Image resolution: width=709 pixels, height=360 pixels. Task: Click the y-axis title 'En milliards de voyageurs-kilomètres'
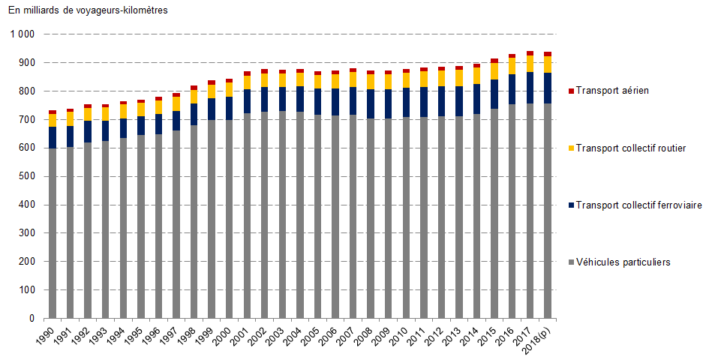pos(88,10)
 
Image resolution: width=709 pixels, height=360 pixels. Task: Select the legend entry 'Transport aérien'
pos(612,91)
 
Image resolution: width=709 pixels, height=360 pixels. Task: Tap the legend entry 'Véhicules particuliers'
pos(623,262)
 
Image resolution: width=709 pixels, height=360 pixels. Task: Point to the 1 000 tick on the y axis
pos(23,34)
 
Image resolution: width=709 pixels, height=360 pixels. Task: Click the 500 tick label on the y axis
pos(26,176)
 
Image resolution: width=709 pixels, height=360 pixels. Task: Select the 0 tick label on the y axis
pos(31,318)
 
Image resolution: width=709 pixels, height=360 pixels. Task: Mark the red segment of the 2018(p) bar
pos(548,54)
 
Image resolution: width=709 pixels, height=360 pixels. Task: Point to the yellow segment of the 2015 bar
pos(495,71)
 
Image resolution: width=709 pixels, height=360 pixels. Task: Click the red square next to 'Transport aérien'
pos(572,91)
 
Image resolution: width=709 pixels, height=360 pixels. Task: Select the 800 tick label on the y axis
pos(26,91)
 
